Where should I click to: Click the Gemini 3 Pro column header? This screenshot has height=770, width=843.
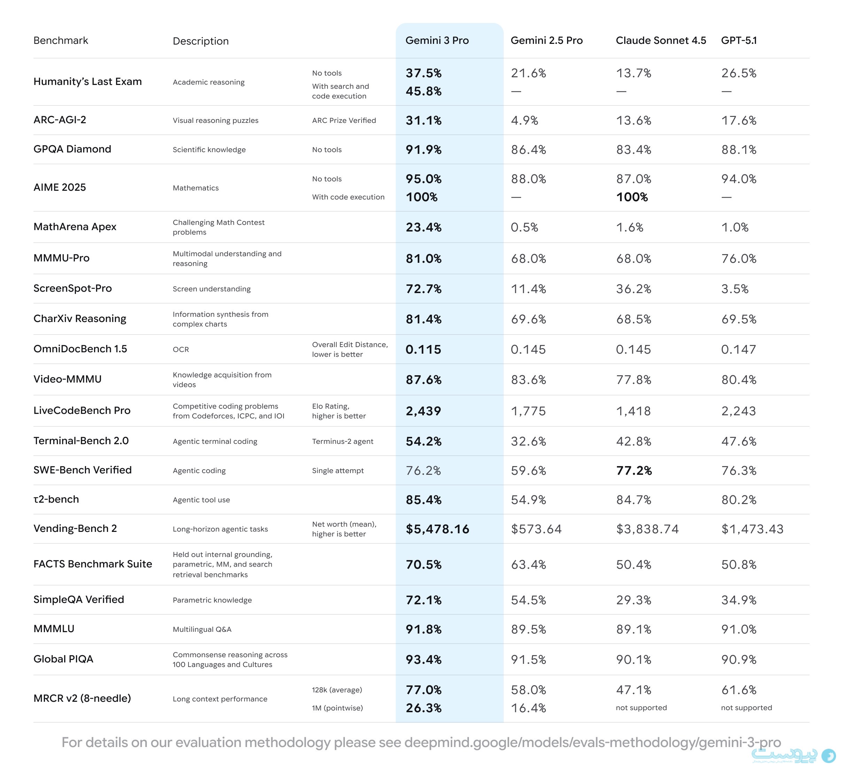[436, 40]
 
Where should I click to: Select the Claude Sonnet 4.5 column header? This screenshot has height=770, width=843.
[661, 40]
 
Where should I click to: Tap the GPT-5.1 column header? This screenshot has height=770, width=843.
[739, 40]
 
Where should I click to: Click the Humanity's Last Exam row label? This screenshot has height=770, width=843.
[87, 81]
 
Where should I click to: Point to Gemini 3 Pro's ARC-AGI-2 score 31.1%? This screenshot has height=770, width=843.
[423, 120]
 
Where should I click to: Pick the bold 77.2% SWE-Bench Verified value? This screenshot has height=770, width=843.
[634, 470]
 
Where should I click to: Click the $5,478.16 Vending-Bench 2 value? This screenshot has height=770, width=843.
[438, 529]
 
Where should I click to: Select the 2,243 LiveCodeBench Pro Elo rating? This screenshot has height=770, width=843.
[738, 411]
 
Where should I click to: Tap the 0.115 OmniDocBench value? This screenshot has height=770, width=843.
[423, 349]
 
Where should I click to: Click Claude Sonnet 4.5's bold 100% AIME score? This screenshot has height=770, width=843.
[632, 197]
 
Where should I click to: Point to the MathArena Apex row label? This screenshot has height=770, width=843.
[75, 227]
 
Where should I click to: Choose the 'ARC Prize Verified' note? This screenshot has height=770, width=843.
[344, 120]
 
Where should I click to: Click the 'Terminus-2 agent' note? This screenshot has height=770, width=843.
[342, 441]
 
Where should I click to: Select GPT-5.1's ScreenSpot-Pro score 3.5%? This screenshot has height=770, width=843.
[734, 289]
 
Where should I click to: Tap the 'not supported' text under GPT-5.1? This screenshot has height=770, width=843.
[746, 708]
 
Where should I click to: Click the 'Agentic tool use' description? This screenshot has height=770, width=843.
[201, 500]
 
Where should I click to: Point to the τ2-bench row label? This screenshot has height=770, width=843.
[56, 499]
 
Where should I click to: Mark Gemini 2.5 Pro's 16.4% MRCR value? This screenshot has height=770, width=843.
[528, 708]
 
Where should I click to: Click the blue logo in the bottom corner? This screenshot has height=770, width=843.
[828, 755]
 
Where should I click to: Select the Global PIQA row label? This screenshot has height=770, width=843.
[63, 659]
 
